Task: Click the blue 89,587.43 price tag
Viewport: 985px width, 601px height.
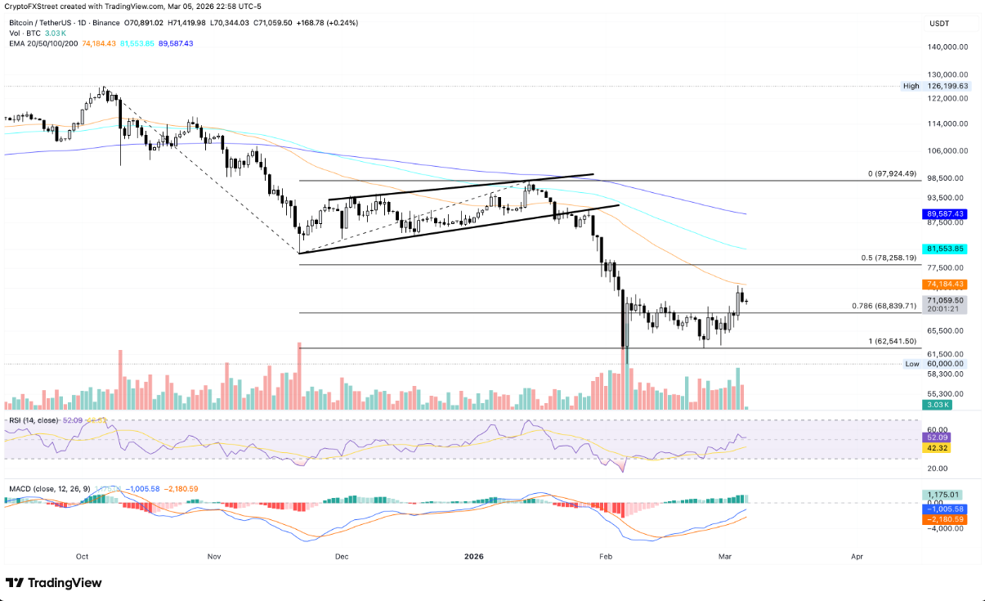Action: tap(945, 213)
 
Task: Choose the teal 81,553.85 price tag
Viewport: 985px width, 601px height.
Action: tap(945, 249)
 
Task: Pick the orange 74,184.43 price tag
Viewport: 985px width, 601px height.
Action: tap(945, 285)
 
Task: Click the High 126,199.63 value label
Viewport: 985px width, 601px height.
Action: tap(945, 86)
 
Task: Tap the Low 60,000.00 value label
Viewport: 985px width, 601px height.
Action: tap(945, 364)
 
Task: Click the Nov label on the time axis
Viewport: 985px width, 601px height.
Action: tap(214, 556)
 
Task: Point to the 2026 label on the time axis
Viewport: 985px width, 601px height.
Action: tap(473, 556)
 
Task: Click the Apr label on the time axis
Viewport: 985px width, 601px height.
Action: tap(857, 556)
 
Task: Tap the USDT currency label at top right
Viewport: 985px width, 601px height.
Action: tap(938, 25)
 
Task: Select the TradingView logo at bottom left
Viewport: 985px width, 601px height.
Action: tap(54, 583)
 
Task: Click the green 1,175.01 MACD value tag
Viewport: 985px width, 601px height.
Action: tap(942, 495)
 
